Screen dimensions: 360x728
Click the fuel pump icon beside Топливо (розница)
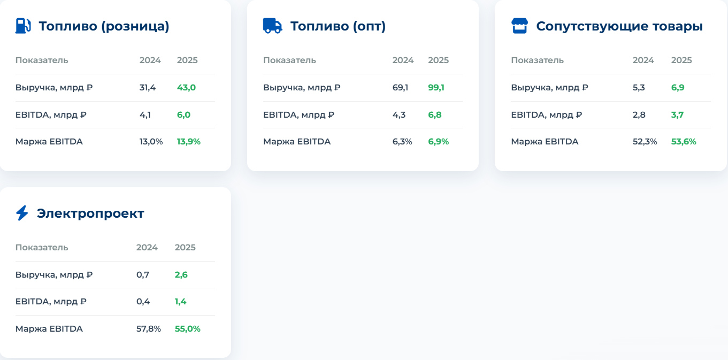tap(23, 26)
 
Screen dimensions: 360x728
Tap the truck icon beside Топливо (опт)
tap(272, 26)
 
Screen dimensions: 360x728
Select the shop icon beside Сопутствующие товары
tap(519, 26)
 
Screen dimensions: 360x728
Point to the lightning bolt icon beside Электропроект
tap(22, 213)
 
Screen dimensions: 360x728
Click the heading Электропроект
tap(90, 213)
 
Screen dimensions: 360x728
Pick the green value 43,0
tap(186, 87)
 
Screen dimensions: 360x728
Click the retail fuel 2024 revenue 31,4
tap(148, 87)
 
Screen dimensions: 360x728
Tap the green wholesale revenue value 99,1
tap(436, 87)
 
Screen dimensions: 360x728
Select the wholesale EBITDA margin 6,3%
tap(402, 142)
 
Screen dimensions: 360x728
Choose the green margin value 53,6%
tap(684, 142)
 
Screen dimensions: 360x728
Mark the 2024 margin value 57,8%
tap(149, 328)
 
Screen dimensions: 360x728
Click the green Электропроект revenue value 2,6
tap(181, 275)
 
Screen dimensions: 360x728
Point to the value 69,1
tap(400, 87)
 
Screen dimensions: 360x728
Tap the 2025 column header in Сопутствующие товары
tap(681, 60)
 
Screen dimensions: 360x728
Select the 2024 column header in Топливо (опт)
tap(403, 60)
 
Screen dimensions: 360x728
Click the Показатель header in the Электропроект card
tap(42, 247)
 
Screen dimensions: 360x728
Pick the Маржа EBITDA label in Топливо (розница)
tap(49, 142)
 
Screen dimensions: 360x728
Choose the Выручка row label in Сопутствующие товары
tap(549, 87)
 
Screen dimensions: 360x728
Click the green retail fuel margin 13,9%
tap(189, 142)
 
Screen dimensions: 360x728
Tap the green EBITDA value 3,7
tap(677, 114)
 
